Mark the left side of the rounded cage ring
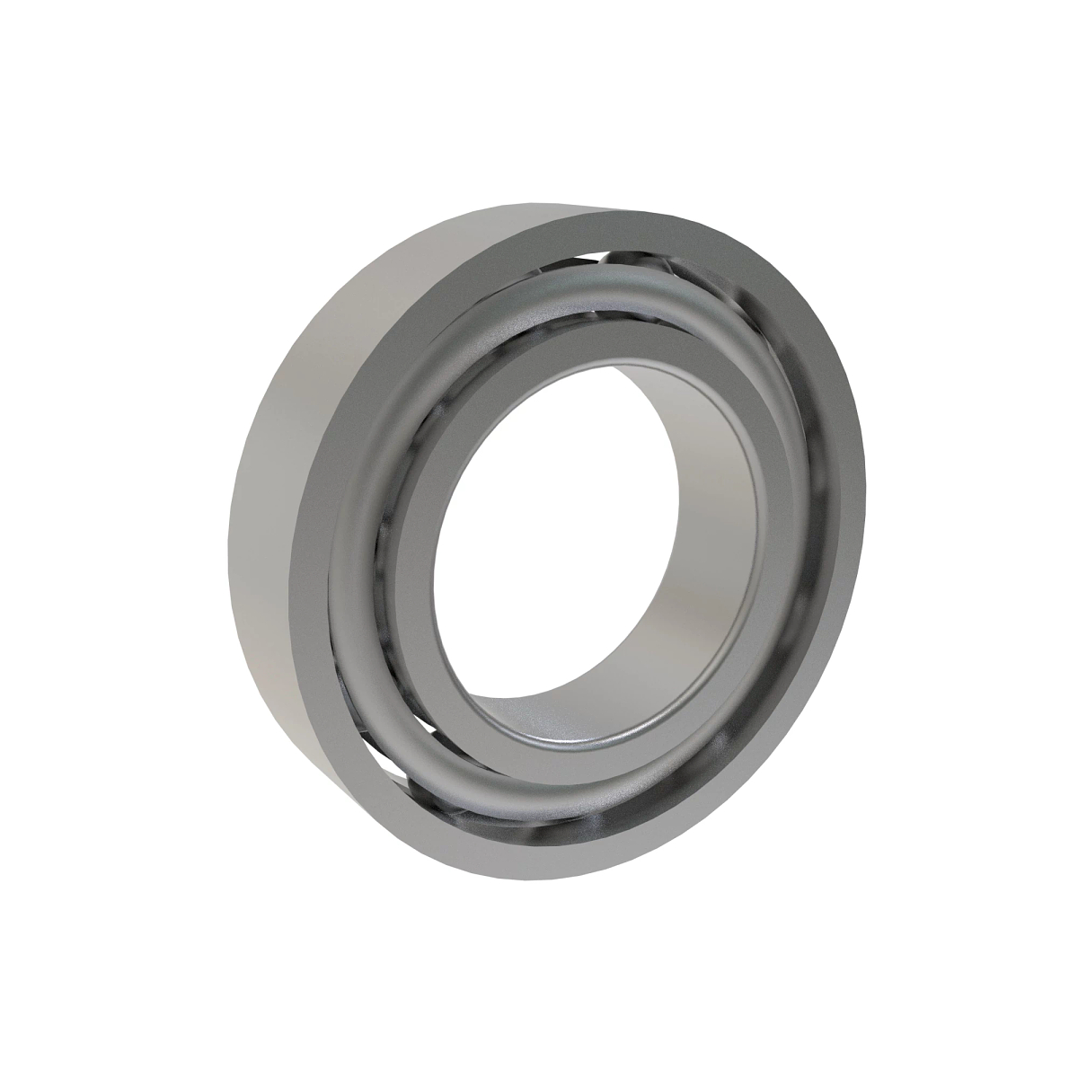pyautogui.click(x=359, y=575)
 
